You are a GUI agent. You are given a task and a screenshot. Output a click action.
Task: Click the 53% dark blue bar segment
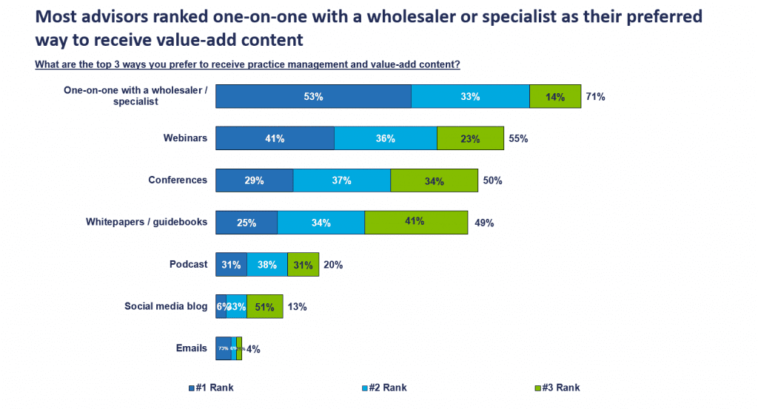tap(313, 96)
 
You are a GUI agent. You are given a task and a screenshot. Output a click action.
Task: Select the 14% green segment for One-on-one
tap(555, 96)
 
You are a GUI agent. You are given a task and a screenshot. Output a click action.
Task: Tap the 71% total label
tap(595, 96)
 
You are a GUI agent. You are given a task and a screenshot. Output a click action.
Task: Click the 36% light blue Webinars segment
tap(385, 138)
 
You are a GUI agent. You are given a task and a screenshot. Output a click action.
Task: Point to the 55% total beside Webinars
tap(517, 138)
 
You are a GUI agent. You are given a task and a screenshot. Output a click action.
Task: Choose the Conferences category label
tap(178, 180)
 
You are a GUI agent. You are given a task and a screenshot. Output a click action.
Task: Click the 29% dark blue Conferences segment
tap(254, 180)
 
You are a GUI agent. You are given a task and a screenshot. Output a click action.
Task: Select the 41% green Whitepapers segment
tap(415, 222)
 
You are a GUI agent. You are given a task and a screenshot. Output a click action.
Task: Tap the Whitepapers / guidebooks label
tap(147, 222)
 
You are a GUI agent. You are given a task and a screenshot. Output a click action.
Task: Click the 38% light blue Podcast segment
tap(267, 264)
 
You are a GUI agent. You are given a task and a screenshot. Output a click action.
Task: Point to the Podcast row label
tap(189, 264)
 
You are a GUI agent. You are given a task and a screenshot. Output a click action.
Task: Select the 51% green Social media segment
tap(264, 306)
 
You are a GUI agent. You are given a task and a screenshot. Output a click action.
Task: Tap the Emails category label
tap(191, 348)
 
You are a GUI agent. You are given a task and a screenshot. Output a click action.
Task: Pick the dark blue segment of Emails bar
tap(223, 348)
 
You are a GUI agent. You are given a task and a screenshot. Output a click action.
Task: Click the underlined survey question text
tap(247, 64)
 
